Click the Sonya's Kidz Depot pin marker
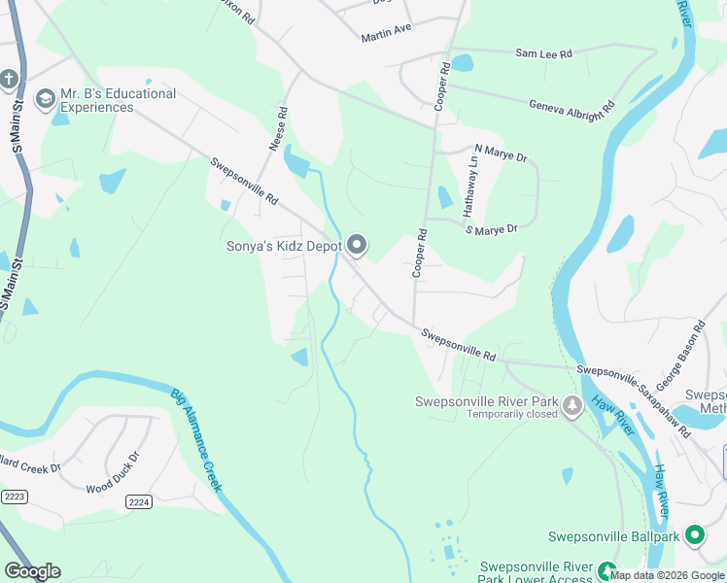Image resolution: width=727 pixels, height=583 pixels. pos(357,246)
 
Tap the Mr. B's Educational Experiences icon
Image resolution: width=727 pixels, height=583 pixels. pos(44,99)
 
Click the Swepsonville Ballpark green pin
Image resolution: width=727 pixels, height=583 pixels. pos(695,535)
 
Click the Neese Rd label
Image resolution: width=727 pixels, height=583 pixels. pos(279,127)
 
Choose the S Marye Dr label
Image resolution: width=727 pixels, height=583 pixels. pos(492,229)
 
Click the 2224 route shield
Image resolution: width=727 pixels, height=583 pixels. pos(138,501)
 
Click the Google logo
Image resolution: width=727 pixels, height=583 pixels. pos(32,571)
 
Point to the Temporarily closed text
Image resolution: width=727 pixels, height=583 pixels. pos(512,414)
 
